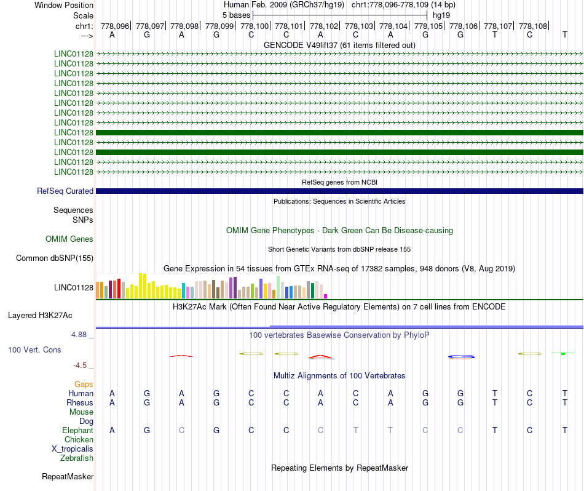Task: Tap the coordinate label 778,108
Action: pos(533,26)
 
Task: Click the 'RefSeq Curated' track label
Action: pos(65,191)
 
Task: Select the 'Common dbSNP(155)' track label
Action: pos(55,258)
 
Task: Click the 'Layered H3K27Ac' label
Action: pos(40,316)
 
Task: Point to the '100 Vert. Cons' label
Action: pos(34,349)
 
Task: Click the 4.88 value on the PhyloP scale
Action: pos(82,335)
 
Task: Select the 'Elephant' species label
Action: pos(77,431)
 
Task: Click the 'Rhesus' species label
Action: pos(80,403)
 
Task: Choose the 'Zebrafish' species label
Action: pos(77,458)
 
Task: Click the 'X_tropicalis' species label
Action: pos(73,449)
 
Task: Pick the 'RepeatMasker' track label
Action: pos(68,477)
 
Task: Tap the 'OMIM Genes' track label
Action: pos(69,239)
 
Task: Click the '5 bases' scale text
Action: pos(235,14)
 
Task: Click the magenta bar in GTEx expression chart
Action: pos(326,296)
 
